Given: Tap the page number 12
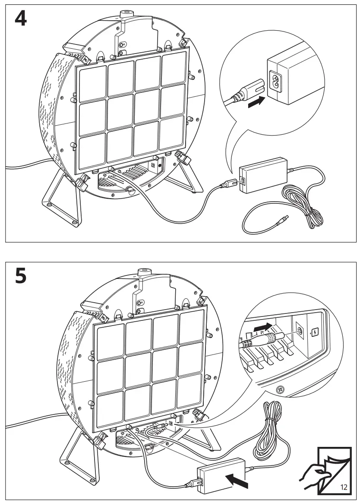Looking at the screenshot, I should pos(344,487).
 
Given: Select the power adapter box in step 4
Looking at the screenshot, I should pos(264,174).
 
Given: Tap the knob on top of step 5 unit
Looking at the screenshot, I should pos(143,272).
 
